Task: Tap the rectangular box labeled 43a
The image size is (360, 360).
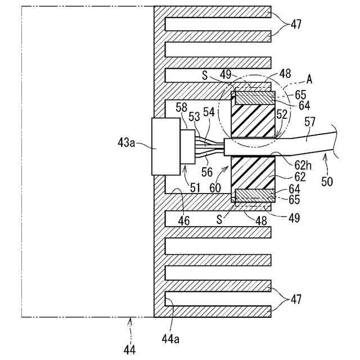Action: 165,146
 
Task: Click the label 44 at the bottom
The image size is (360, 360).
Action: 129,349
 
